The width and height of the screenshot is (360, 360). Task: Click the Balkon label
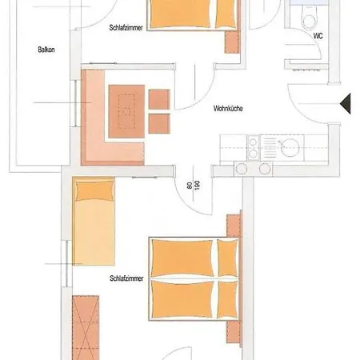pos(46,50)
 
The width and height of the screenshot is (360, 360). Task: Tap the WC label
pos(318,36)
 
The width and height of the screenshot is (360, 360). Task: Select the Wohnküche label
pos(228,109)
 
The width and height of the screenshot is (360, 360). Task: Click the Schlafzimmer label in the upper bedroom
pos(126,27)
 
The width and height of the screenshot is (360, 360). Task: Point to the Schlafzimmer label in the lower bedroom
pos(126,278)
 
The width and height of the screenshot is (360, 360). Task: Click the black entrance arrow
pos(346,104)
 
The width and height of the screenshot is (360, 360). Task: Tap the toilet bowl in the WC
pos(309,18)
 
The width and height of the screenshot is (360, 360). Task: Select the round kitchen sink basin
pos(290,147)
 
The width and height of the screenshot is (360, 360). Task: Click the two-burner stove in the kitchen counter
pos(253,148)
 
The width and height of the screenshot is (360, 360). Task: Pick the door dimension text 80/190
pos(194,185)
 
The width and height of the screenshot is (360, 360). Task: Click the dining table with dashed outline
pos(126,111)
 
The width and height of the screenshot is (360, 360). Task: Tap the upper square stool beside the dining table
pos(159,99)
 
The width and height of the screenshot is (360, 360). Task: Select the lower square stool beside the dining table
pos(159,124)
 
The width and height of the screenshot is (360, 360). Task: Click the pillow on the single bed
pos(94,190)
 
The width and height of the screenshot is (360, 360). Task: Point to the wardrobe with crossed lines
pos(86,327)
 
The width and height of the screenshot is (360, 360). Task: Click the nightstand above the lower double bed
pos(234,226)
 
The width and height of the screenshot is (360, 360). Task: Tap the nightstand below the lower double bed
pos(234,332)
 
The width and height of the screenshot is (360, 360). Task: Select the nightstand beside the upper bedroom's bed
pos(232,42)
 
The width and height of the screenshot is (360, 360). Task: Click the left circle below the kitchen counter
pos(242,169)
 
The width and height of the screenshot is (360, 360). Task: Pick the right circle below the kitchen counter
pos(265,169)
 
